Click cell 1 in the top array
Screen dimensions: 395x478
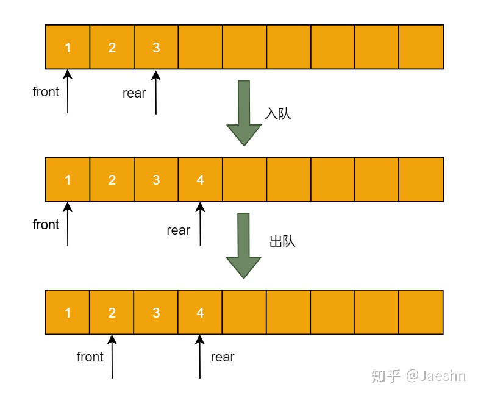68,47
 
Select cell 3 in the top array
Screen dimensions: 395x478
156,47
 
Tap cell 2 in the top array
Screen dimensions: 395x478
112,47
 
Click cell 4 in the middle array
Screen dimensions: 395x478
201,180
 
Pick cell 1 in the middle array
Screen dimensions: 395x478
68,180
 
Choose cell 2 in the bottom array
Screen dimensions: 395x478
112,313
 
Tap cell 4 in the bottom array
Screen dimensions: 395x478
201,313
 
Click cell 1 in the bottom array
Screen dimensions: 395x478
68,313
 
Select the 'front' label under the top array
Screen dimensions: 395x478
46,92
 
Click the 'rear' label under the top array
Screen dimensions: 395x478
134,93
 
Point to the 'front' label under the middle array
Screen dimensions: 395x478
46,225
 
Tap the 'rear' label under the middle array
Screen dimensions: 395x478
178,230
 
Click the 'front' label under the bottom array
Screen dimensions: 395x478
90,357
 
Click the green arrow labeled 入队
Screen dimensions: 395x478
244,113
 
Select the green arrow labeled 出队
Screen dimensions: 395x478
244,245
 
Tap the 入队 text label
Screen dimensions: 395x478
277,114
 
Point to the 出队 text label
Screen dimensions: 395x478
282,241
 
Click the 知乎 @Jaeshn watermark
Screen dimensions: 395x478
418,375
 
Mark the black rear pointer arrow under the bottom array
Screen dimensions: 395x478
200,357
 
